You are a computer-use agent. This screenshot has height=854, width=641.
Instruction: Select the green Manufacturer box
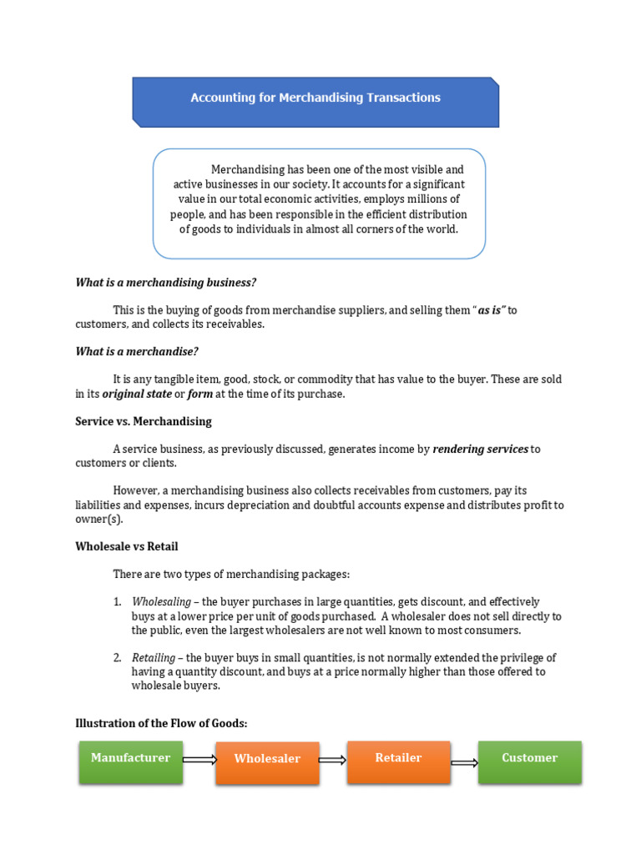point(131,761)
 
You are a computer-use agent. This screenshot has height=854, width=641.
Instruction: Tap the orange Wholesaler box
point(267,762)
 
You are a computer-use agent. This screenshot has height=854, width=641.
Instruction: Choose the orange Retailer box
point(399,761)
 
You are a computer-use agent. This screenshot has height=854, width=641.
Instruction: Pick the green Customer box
point(529,761)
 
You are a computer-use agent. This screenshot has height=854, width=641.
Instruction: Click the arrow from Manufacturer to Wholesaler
point(199,760)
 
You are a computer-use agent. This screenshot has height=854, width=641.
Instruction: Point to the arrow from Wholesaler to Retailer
point(332,760)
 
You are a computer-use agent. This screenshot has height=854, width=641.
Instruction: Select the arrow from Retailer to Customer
point(464,762)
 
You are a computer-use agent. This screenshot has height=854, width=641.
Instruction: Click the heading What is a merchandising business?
point(165,282)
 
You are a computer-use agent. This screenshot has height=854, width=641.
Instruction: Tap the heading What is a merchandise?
point(137,351)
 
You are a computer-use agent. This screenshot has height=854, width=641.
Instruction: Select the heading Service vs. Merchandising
point(144,421)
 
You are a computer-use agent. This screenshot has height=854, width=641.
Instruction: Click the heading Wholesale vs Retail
point(127,546)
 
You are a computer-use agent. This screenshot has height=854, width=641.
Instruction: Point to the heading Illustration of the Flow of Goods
point(161,723)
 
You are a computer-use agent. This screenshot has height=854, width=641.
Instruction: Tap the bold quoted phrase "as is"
point(492,310)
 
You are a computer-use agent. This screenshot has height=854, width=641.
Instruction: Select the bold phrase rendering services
point(480,449)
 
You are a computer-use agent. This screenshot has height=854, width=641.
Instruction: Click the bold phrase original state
point(137,394)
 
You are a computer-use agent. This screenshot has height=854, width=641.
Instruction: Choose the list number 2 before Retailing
point(118,658)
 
